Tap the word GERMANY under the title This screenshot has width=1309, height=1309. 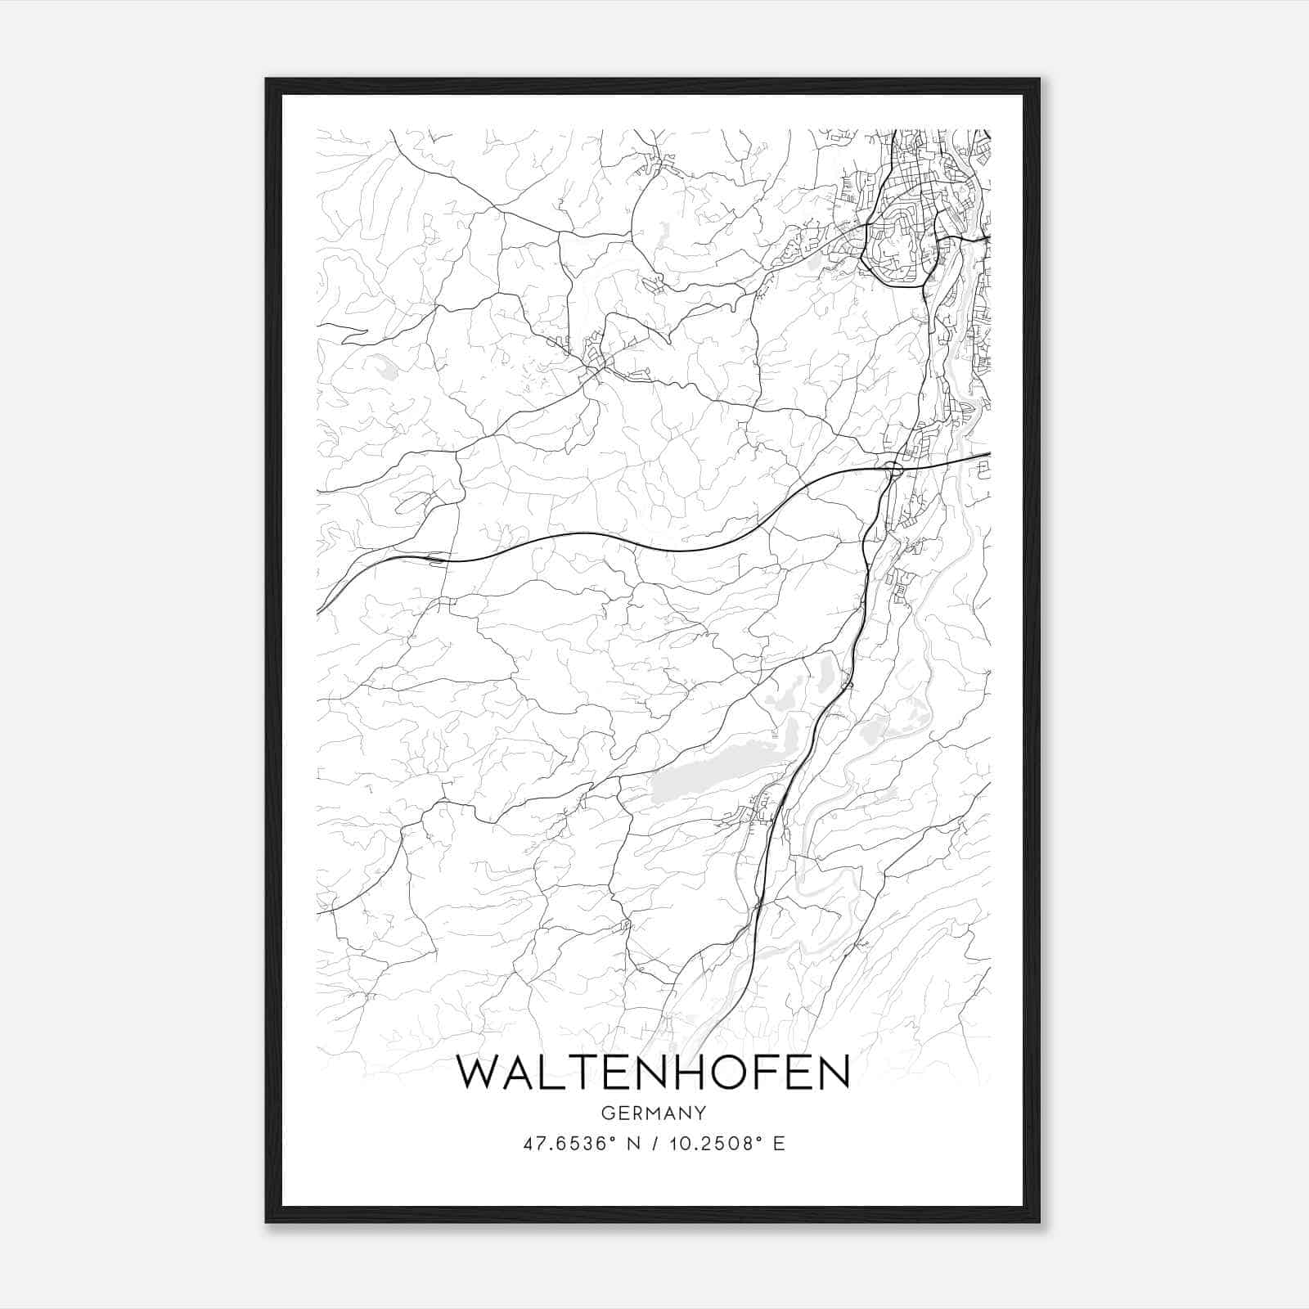pyautogui.click(x=653, y=1113)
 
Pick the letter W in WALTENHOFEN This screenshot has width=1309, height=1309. pyautogui.click(x=478, y=1073)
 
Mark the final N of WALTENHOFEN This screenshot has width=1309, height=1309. pyautogui.click(x=833, y=1073)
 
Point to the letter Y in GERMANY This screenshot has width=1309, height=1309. pyautogui.click(x=699, y=1113)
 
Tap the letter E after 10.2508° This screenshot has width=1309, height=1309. pyautogui.click(x=779, y=1144)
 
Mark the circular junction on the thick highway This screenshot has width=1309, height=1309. pyautogui.click(x=893, y=469)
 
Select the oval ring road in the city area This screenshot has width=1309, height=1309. pyautogui.click(x=896, y=245)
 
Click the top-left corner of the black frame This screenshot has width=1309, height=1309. pyautogui.click(x=267, y=80)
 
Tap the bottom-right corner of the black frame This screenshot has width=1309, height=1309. pyautogui.click(x=1039, y=1222)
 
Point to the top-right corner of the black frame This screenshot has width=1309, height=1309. pyautogui.click(x=1039, y=80)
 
